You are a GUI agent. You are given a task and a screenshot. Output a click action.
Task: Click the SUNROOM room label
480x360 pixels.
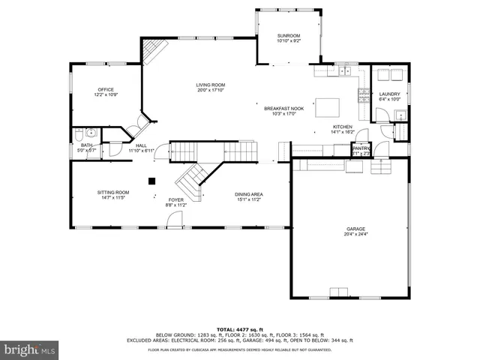point(288,35)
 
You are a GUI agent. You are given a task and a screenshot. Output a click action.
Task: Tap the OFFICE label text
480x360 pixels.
point(105,89)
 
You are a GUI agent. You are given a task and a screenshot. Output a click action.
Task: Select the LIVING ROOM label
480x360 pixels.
point(211,85)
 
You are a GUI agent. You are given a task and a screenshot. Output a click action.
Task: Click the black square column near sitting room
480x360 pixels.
point(151,180)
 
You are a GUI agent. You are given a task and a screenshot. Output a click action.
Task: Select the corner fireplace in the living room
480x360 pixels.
point(154,51)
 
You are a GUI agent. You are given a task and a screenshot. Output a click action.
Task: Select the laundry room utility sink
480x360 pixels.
point(400,115)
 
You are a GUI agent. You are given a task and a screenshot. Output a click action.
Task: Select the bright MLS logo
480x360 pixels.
point(30,349)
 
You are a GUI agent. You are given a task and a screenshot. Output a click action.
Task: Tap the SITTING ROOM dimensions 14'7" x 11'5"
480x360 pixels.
point(113,198)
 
